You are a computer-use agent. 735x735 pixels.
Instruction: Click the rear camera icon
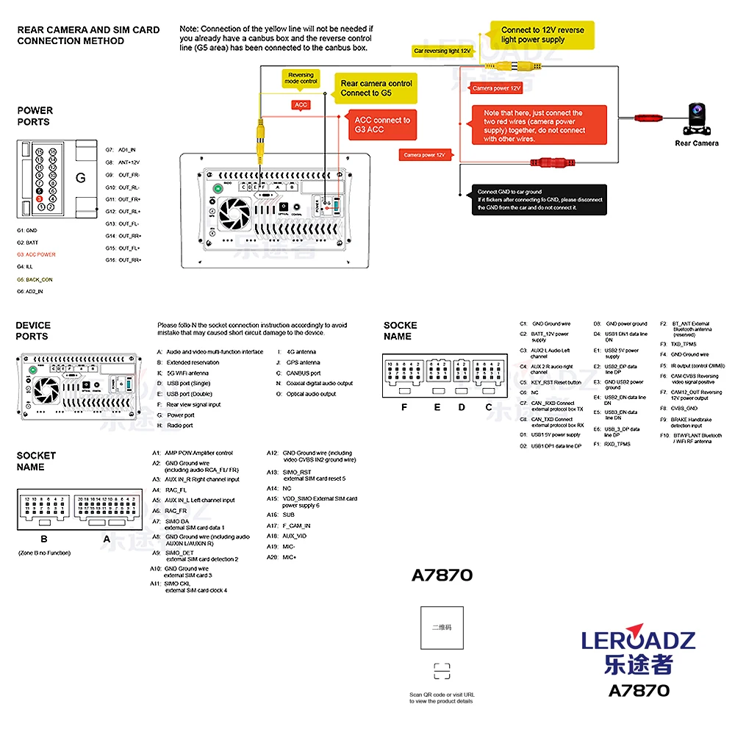click(695, 117)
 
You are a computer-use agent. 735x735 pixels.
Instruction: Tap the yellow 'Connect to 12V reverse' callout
click(542, 35)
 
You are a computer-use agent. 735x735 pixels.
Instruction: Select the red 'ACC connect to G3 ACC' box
click(381, 125)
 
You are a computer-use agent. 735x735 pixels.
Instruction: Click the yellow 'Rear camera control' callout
click(376, 88)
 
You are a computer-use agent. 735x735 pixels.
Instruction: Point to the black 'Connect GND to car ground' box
click(539, 199)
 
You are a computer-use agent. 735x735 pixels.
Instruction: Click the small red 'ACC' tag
click(301, 105)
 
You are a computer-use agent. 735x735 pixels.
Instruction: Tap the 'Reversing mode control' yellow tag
click(301, 78)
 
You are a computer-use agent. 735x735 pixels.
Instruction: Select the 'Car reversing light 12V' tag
click(442, 51)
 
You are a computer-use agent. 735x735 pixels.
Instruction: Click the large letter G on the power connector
click(81, 178)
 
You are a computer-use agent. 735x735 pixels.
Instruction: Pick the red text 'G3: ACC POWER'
click(36, 254)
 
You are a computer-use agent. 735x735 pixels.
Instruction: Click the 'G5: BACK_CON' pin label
click(35, 279)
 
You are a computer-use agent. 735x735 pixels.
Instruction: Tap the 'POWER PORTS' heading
click(35, 116)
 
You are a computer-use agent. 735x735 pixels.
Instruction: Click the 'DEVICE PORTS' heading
click(33, 331)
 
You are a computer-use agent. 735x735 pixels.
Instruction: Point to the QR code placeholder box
click(442, 628)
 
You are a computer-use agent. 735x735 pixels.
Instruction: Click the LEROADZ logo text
click(638, 639)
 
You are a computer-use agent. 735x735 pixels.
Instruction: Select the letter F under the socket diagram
click(404, 406)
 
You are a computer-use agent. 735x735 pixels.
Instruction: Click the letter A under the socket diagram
click(107, 539)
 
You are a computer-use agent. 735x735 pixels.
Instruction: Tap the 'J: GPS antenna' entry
click(298, 362)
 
